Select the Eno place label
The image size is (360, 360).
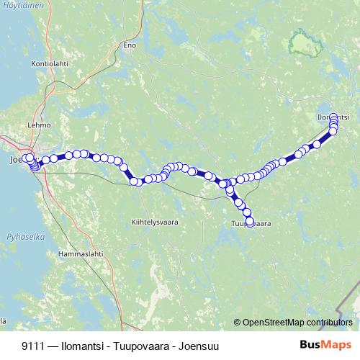point(130,45)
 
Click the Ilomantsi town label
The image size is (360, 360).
point(333,116)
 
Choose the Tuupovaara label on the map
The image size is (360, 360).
point(251,224)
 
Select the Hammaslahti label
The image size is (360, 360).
point(81,254)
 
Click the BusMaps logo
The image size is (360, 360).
point(325,345)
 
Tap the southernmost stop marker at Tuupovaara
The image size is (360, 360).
point(250,222)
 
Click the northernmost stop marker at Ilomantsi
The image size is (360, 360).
point(333,120)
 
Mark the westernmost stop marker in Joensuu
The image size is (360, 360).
point(25,158)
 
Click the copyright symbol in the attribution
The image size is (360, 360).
point(238,323)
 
